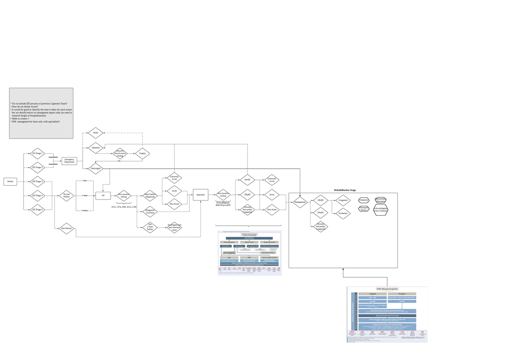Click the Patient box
tap(10, 181)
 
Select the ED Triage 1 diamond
tap(38, 153)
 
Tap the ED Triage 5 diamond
tap(38, 210)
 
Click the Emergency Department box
tap(69, 161)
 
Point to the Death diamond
tap(95, 133)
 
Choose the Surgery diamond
tap(142, 153)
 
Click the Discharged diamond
tap(95, 168)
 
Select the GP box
tap(103, 196)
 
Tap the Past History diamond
tap(66, 229)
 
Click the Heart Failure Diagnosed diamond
tap(150, 196)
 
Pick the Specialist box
tap(200, 195)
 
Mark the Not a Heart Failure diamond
tap(150, 227)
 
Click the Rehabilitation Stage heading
tap(345, 190)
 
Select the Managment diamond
tap(300, 202)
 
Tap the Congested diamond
tap(343, 200)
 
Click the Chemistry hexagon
tap(364, 200)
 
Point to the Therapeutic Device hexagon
tap(364, 208)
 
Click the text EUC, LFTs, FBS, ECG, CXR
tap(124, 207)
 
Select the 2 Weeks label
tap(85, 211)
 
